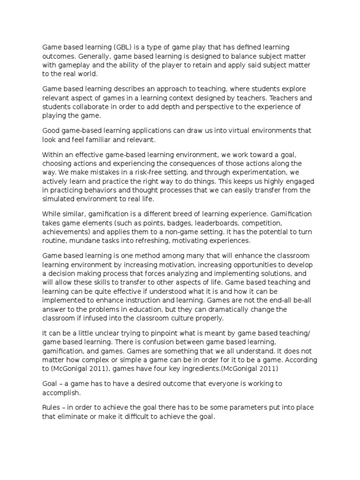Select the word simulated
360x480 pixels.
(x=60, y=199)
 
